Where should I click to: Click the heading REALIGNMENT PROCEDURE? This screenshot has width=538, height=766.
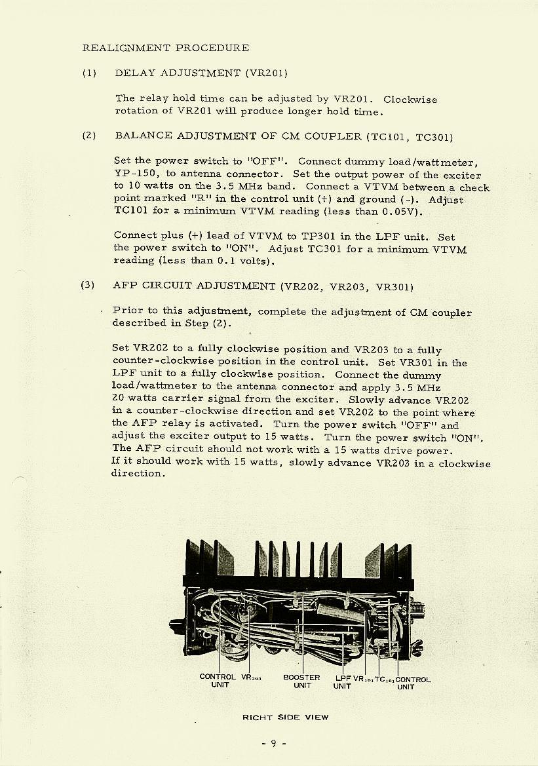(165, 48)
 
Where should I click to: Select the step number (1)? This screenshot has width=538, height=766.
(89, 73)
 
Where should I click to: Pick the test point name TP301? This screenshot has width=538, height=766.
(323, 237)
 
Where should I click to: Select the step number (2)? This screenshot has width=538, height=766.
(89, 136)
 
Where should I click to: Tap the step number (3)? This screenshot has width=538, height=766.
(88, 285)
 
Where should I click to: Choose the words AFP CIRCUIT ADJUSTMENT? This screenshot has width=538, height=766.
(194, 286)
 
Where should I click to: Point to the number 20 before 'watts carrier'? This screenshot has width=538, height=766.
(119, 399)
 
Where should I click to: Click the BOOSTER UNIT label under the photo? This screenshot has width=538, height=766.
(301, 681)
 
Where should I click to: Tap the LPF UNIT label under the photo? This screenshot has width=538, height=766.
(343, 682)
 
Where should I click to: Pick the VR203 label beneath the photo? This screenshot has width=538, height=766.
(252, 678)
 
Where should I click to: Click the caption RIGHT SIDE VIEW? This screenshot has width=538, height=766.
(285, 717)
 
